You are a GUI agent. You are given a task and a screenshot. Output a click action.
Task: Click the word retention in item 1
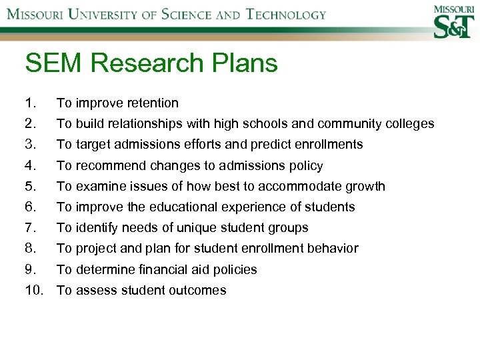click(x=153, y=103)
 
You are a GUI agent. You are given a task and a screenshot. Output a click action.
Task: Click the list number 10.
click(x=33, y=290)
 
